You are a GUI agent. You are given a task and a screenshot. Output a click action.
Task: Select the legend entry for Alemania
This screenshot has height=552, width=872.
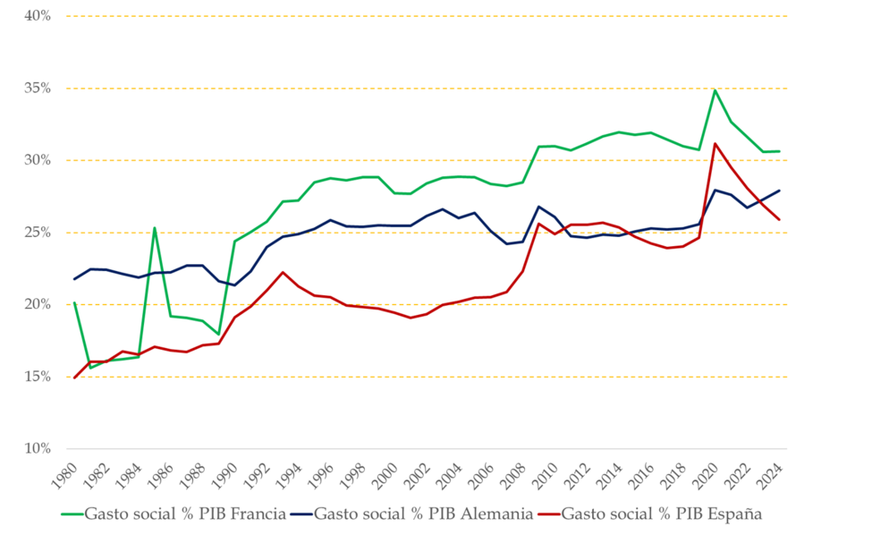pos(425,514)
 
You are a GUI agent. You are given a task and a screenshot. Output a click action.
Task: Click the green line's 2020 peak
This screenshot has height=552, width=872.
pos(715,89)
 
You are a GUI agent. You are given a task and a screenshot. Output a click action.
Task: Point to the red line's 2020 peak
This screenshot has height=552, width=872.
pos(715,143)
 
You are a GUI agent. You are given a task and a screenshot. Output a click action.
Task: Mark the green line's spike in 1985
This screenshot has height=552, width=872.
pos(155,227)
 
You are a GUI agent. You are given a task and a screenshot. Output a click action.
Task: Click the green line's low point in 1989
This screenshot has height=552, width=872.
pos(218,334)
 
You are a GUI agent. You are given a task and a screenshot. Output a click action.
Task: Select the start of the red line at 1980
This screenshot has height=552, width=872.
pos(74,378)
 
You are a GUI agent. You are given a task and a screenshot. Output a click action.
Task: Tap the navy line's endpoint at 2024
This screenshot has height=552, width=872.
pos(779,190)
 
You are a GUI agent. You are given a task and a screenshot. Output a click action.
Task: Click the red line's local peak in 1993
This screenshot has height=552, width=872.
pos(283,272)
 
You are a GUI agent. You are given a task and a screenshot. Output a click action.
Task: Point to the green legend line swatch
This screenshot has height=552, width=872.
pos(71,514)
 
